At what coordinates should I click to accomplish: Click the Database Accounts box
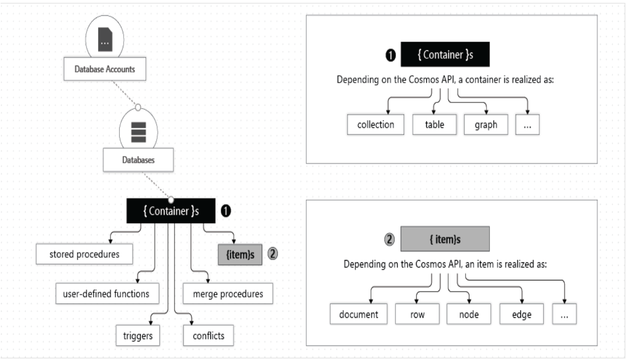[x=105, y=69]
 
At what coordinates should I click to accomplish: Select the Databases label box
[x=138, y=160]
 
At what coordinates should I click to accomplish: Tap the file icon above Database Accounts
[x=105, y=40]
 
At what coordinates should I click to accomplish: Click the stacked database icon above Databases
[x=138, y=132]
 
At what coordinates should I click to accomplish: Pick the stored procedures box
[x=84, y=254]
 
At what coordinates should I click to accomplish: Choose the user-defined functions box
[x=107, y=294]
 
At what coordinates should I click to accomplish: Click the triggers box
[x=138, y=335]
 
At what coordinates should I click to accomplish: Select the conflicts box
[x=208, y=335]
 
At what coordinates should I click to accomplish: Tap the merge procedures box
[x=228, y=294]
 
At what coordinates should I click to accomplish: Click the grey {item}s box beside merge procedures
[x=240, y=255]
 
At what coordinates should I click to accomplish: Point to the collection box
[x=375, y=124]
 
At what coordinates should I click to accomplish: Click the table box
[x=434, y=124]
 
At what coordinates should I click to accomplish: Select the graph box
[x=486, y=124]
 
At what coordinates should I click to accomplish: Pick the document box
[x=359, y=314]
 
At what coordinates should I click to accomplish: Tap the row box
[x=417, y=314]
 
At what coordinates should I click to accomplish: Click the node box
[x=469, y=314]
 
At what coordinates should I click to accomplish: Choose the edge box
[x=521, y=314]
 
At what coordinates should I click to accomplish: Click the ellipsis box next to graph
[x=527, y=124]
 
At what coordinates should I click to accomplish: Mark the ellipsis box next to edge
[x=564, y=314]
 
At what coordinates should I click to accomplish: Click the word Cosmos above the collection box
[x=424, y=79]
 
